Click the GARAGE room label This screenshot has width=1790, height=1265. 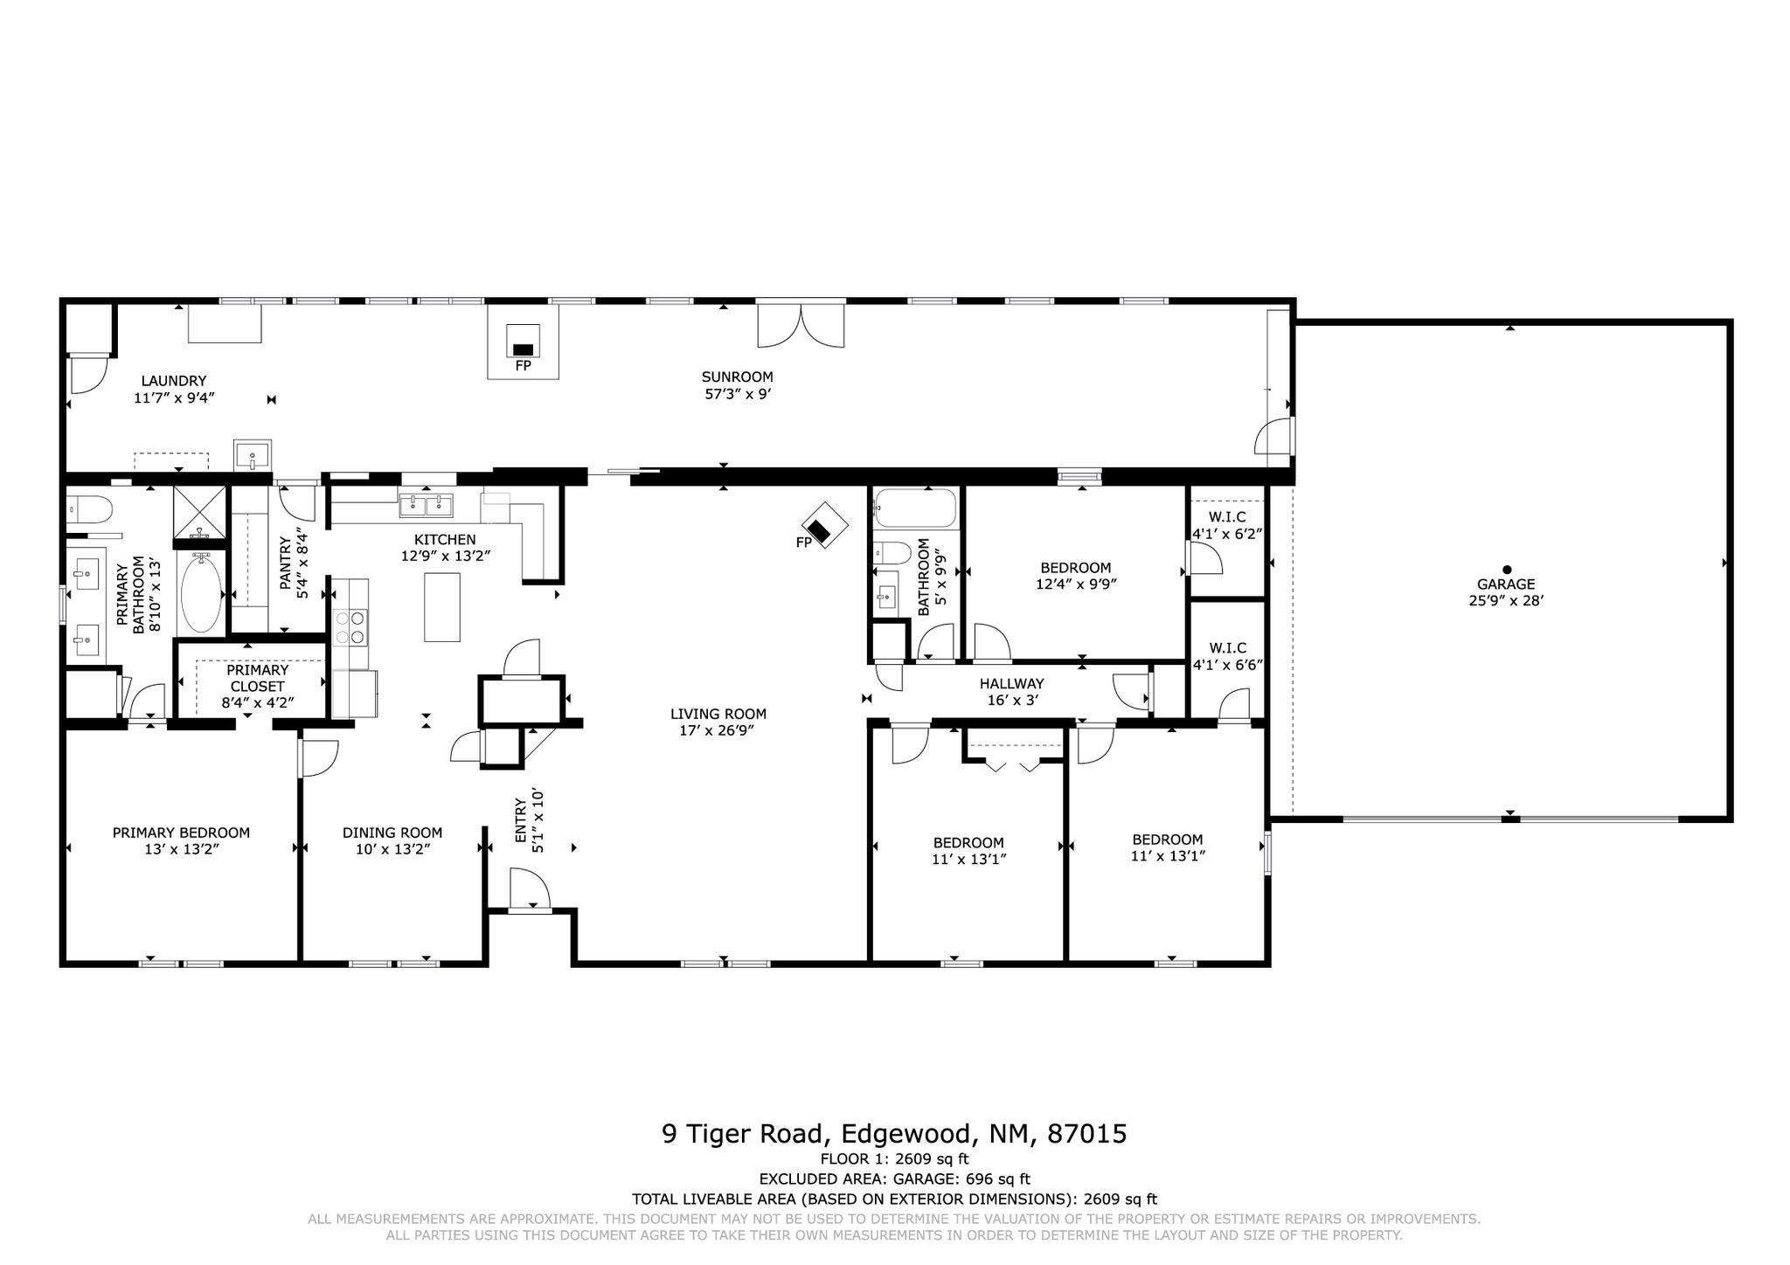coord(1506,584)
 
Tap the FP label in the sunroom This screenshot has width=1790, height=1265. coord(523,366)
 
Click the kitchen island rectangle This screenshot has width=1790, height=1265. coord(442,607)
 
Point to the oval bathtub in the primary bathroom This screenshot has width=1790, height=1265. coord(202,591)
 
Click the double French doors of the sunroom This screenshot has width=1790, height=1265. coord(801,325)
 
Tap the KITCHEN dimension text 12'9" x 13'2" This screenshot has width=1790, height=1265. coord(446,556)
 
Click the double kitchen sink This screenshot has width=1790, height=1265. coord(426,506)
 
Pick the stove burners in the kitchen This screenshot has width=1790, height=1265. coord(350,627)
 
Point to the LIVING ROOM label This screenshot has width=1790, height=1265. coord(718,714)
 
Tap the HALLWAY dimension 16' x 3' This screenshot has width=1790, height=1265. coord(1011,700)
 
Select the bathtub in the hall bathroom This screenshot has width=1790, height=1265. coord(915,509)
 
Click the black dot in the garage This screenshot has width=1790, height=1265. coord(1506,570)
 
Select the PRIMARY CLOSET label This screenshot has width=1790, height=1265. coord(257,678)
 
